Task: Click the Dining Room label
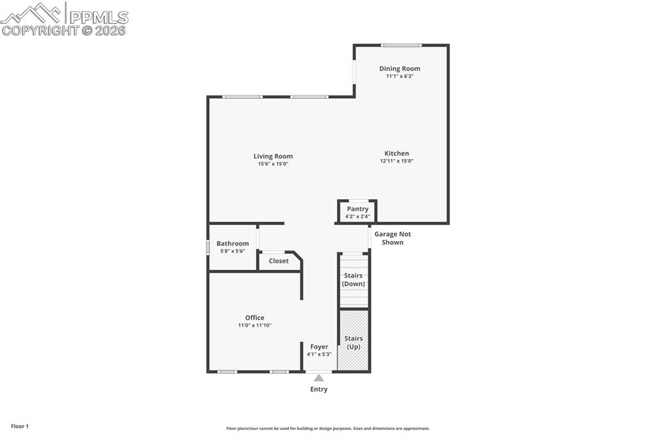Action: click(399, 69)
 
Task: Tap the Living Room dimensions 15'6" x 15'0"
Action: click(273, 164)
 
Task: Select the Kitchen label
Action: click(396, 153)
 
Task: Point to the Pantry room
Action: click(357, 211)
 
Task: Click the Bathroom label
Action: click(232, 243)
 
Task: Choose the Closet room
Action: click(279, 261)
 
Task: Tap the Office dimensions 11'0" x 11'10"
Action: click(254, 326)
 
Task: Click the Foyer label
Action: click(319, 347)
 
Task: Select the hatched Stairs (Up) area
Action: click(354, 341)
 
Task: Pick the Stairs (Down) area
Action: click(353, 280)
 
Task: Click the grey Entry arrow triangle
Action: click(318, 378)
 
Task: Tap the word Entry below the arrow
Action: click(318, 390)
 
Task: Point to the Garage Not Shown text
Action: click(393, 238)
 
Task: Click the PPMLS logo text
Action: click(99, 17)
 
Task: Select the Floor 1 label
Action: click(19, 426)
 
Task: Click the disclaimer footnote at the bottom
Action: click(327, 429)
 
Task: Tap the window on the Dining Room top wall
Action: click(401, 45)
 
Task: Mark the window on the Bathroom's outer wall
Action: click(208, 247)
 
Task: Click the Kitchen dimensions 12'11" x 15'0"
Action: click(397, 161)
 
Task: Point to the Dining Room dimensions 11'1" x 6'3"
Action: click(399, 76)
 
